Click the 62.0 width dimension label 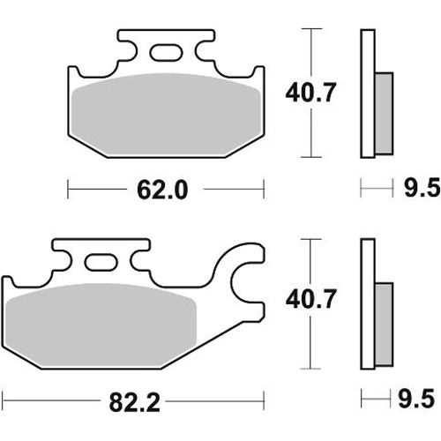pos(162,190)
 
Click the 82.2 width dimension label pos(134,402)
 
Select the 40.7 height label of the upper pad pos(310,93)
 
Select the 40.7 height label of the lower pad pos(310,299)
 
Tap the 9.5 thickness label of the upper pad pos(422,188)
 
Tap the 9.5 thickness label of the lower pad pos(416,399)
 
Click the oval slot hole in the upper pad pos(166,53)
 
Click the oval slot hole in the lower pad pos(101,262)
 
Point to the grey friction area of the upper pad pos(167,114)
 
